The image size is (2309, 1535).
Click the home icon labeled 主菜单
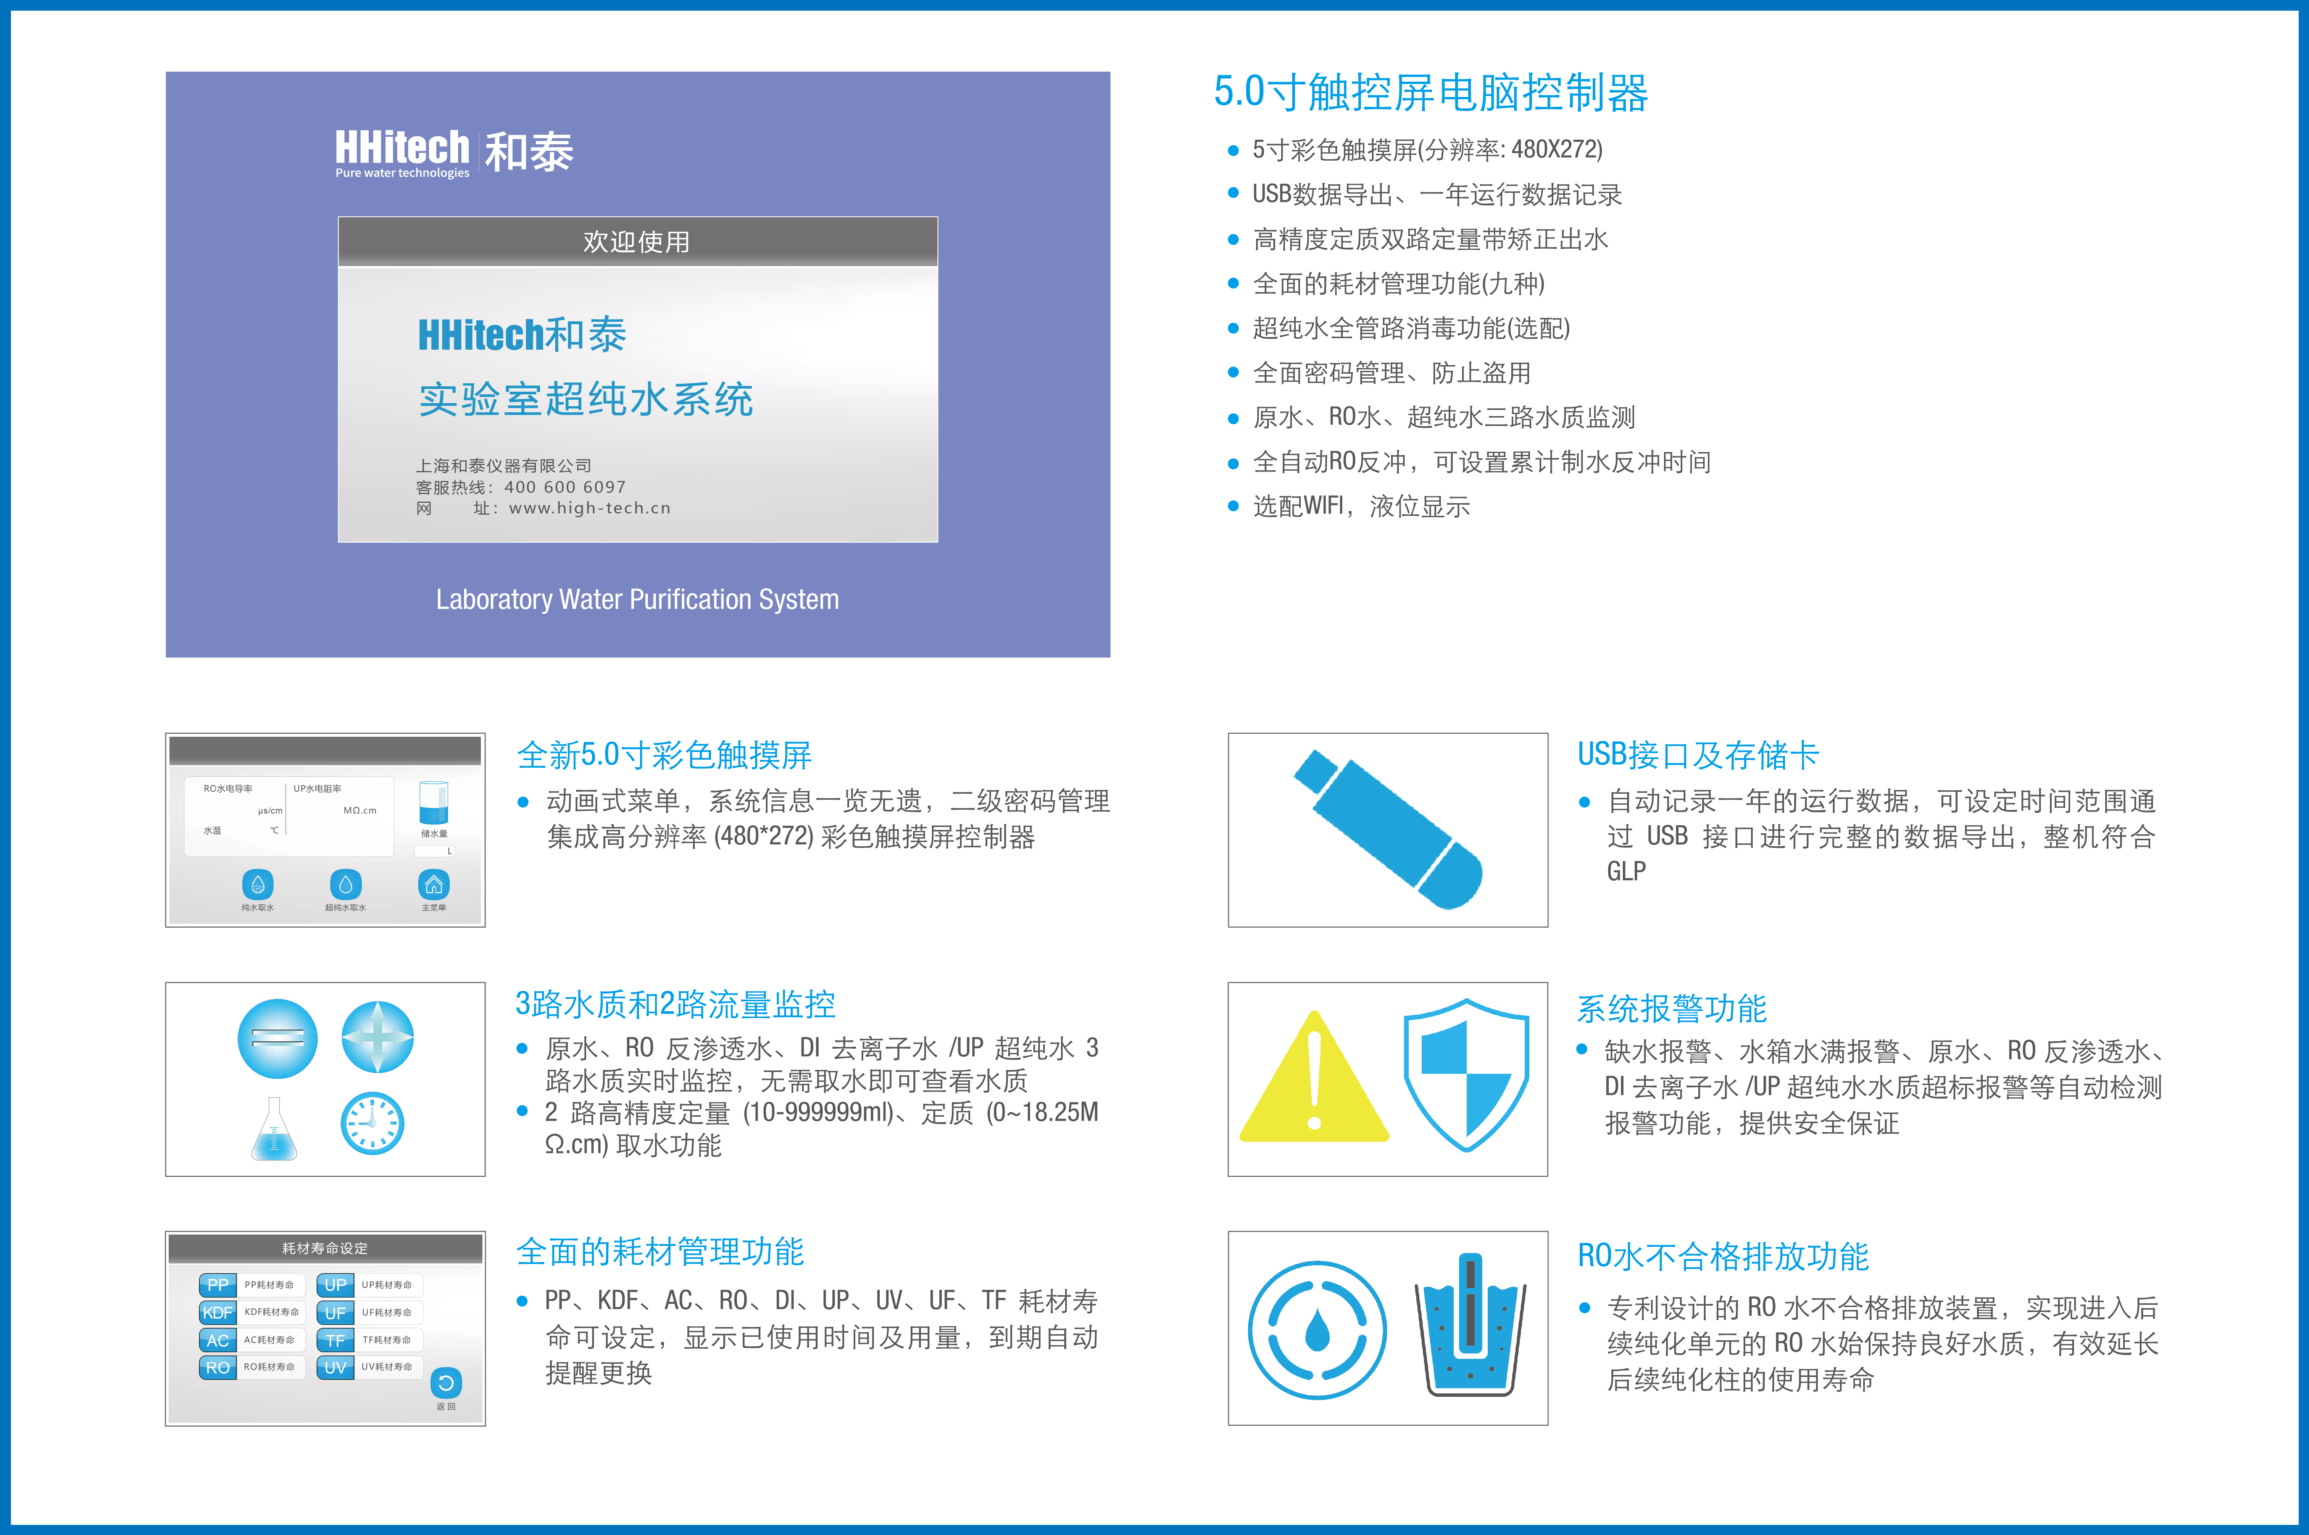tap(434, 885)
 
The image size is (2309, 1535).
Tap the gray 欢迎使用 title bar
tap(637, 242)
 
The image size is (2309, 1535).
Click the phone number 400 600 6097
tap(565, 487)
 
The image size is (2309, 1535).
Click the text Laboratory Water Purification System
tap(637, 599)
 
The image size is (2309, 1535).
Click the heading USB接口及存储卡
tap(1697, 755)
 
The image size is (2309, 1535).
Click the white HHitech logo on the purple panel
tap(402, 153)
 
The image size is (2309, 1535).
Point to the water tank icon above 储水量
tap(434, 803)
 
